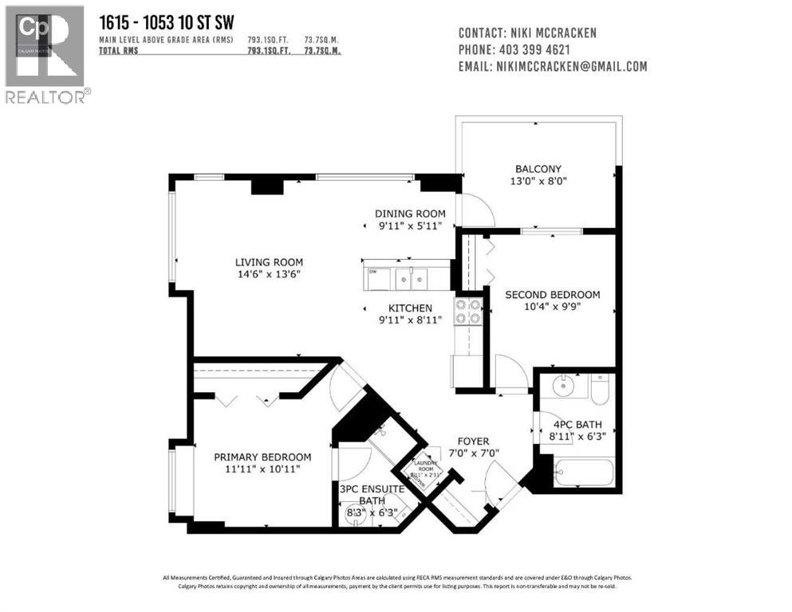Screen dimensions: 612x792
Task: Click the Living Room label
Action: (x=268, y=262)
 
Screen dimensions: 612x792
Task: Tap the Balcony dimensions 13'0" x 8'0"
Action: (x=538, y=181)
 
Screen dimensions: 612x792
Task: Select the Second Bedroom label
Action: (x=552, y=294)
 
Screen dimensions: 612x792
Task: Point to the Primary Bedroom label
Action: (x=262, y=457)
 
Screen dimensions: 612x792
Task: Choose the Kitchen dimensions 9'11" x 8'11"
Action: (x=410, y=321)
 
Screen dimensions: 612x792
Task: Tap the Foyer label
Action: (x=472, y=441)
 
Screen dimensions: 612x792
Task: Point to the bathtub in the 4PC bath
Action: (x=583, y=472)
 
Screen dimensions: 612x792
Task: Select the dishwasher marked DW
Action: (x=377, y=279)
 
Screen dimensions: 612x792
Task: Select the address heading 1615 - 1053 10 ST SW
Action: (x=160, y=22)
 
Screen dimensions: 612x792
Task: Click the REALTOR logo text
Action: (x=45, y=96)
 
